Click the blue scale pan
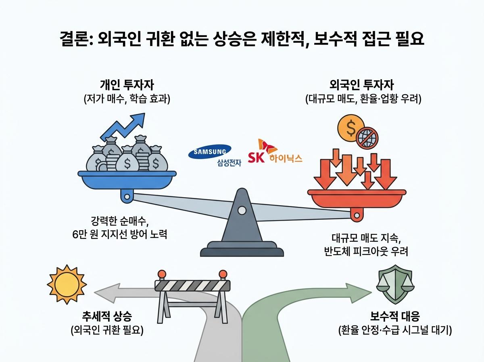click(x=127, y=178)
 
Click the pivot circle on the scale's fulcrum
click(x=242, y=210)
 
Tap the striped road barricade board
click(x=192, y=285)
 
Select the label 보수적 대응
click(x=394, y=316)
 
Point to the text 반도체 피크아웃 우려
click(x=366, y=251)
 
